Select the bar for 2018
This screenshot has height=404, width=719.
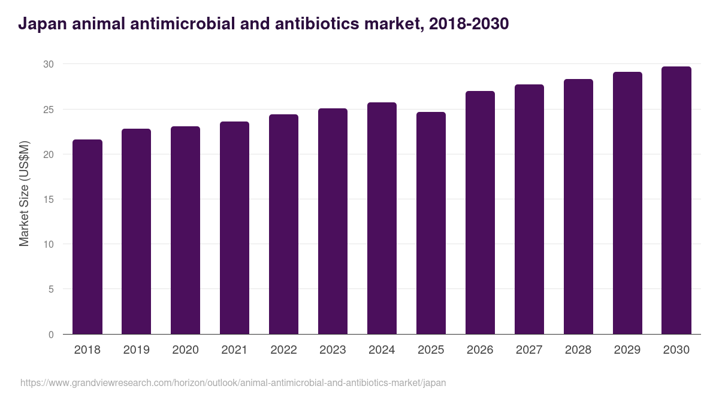(x=87, y=237)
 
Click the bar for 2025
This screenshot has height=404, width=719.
(x=431, y=223)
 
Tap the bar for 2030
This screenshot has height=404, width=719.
(x=676, y=201)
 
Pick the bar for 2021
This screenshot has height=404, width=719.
(x=235, y=228)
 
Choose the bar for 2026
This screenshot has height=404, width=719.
(x=481, y=212)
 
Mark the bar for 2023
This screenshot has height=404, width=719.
(x=333, y=221)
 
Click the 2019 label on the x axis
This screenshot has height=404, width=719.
(x=137, y=350)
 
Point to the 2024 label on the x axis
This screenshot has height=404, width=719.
(x=382, y=350)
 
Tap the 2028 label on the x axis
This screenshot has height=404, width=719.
(x=579, y=350)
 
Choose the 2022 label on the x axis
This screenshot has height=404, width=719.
(x=284, y=350)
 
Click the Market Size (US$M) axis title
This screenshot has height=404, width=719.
(x=24, y=193)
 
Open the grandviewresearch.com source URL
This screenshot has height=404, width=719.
(x=233, y=382)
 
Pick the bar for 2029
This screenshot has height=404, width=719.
(x=627, y=203)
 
